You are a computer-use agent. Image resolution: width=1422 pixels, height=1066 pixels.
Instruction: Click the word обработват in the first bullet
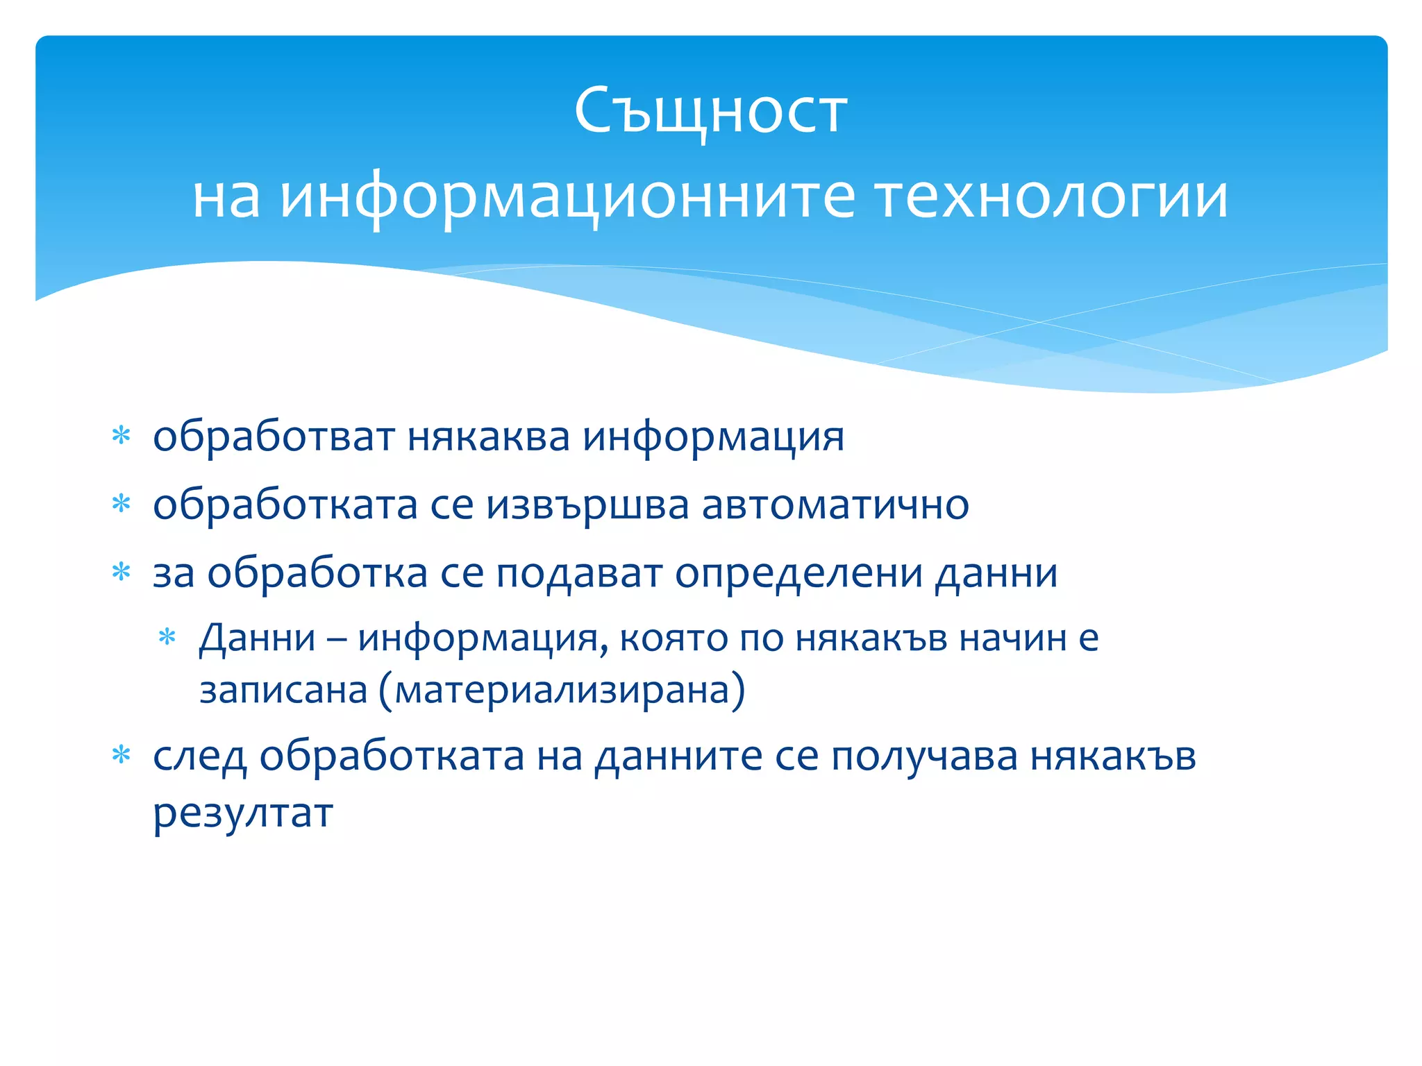click(274, 437)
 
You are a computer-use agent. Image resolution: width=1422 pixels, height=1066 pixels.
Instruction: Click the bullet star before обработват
click(122, 436)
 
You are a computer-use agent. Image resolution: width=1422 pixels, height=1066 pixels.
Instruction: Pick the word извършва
click(587, 505)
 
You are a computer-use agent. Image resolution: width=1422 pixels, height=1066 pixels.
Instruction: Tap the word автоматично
click(835, 505)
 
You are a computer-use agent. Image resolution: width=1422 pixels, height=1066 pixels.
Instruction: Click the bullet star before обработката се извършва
click(122, 504)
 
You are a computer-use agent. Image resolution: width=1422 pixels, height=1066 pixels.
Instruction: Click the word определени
click(798, 574)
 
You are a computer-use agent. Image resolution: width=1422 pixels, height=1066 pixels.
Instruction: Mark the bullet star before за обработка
click(122, 572)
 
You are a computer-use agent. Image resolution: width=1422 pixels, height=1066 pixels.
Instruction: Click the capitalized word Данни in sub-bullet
click(258, 638)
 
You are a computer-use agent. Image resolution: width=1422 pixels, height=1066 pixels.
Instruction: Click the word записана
click(283, 691)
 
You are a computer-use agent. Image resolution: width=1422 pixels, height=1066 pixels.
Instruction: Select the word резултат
click(243, 813)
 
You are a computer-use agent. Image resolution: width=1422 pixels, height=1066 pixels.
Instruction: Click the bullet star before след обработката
click(122, 754)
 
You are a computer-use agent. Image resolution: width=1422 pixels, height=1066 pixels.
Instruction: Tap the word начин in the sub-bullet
click(1012, 638)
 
